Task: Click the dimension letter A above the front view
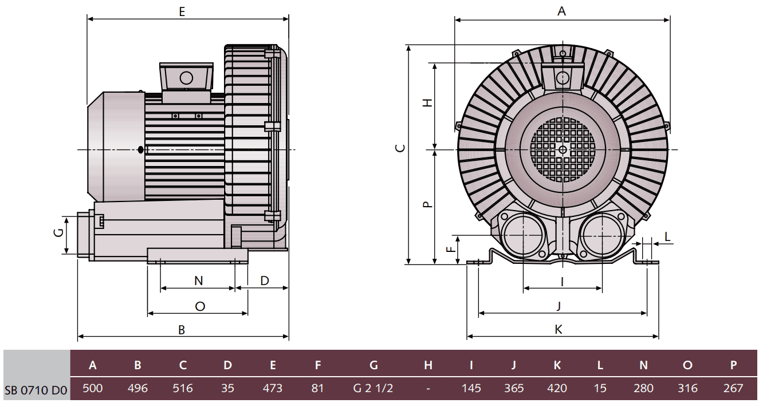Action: point(562,11)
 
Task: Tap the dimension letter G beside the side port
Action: point(57,234)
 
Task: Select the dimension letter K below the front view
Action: point(559,329)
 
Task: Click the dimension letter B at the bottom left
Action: point(182,330)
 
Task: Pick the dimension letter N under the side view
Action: point(198,280)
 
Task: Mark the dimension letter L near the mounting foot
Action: point(668,236)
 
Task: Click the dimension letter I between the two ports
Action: point(562,282)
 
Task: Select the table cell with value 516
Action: point(182,388)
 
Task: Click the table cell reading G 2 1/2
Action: point(373,388)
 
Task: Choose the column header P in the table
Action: point(733,365)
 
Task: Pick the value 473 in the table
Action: point(272,388)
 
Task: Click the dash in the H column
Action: point(428,388)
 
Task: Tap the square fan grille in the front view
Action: point(562,149)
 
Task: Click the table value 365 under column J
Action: point(514,388)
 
